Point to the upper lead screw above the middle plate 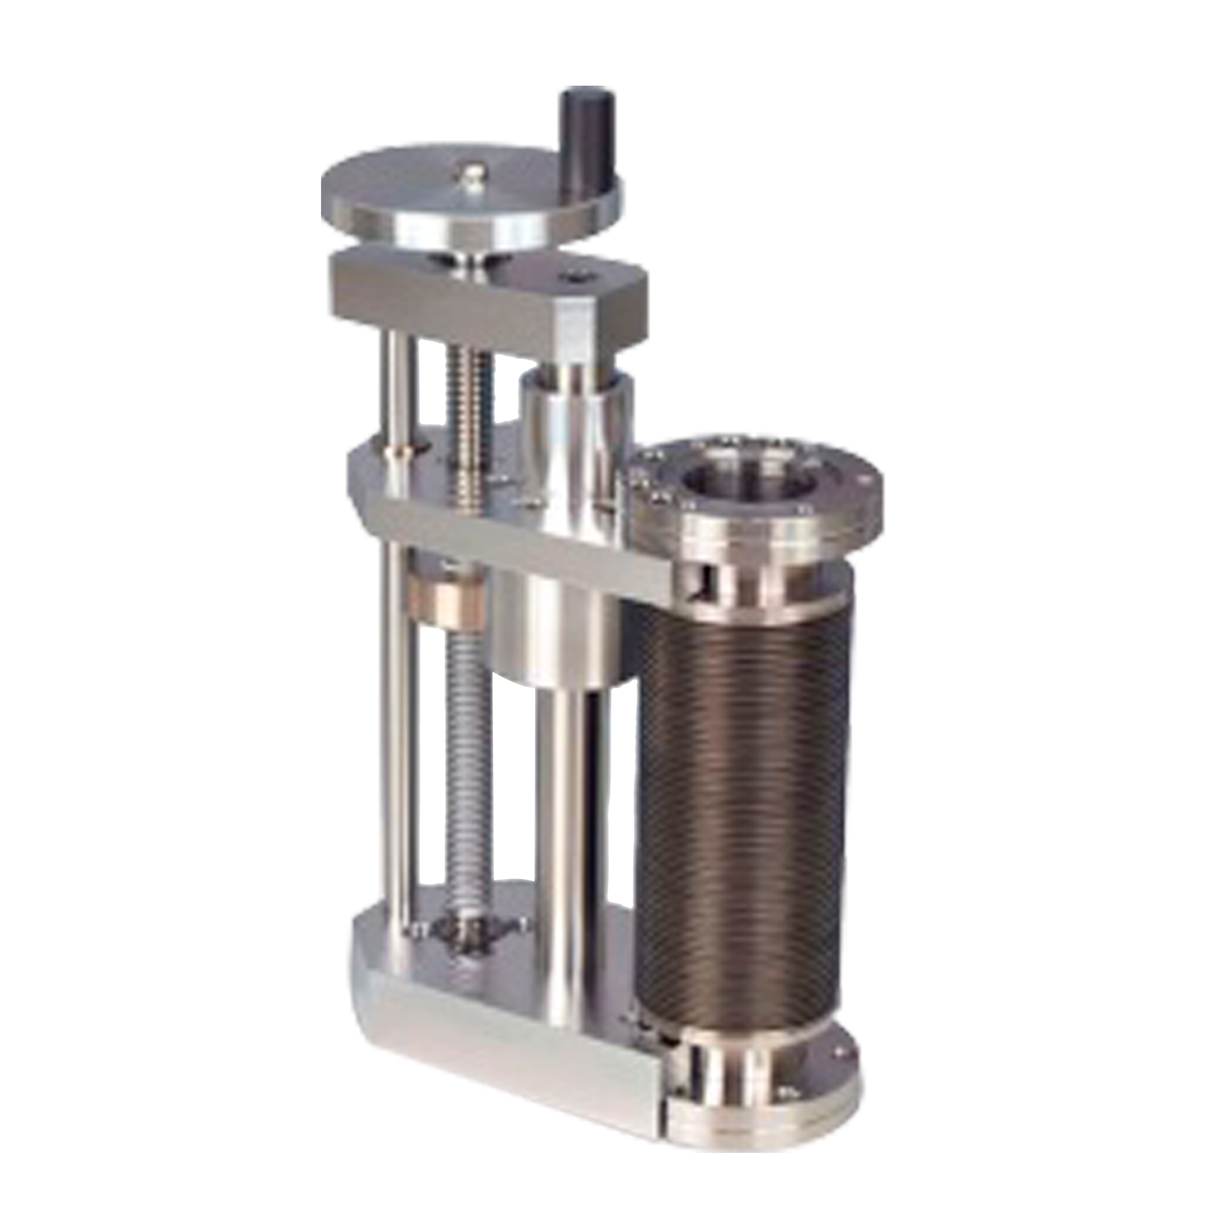point(470,411)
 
